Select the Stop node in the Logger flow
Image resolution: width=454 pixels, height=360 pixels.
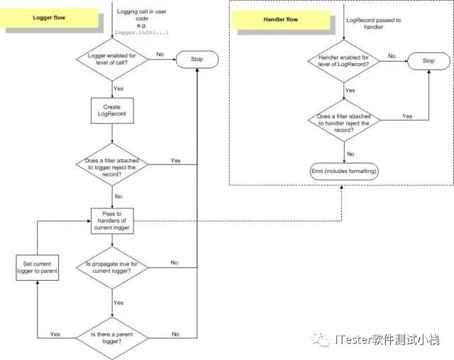(196, 59)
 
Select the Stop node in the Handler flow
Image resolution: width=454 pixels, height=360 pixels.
(428, 61)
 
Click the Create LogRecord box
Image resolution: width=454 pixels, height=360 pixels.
(113, 111)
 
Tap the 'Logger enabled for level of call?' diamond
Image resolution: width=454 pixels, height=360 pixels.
(113, 60)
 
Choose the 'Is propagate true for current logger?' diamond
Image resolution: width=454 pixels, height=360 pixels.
(113, 267)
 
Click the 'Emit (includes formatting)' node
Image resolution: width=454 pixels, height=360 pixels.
(345, 171)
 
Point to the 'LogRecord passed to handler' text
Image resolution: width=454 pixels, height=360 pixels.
(373, 24)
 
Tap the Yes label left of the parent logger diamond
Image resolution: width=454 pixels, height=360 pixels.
(55, 334)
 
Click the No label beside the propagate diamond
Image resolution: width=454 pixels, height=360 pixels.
(174, 262)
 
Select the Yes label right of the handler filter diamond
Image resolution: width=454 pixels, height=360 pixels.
(407, 116)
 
